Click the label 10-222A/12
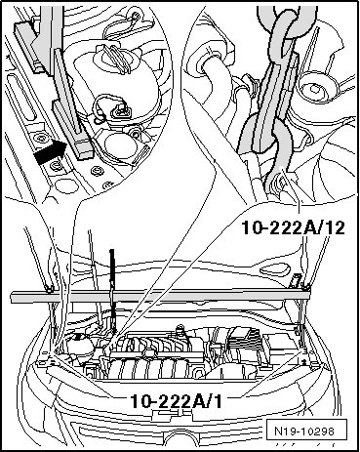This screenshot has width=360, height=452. point(293,227)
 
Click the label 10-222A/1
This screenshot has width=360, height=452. point(177,401)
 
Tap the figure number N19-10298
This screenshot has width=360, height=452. point(304,431)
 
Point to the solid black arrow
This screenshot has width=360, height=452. point(50,151)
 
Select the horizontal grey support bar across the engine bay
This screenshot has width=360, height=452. point(160,296)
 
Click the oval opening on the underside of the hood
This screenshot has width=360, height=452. point(275,269)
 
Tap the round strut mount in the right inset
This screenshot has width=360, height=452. point(315,89)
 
